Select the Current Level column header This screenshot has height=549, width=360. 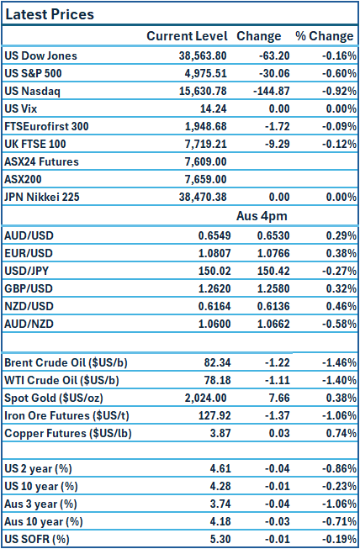(187, 36)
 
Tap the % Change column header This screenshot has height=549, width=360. (324, 36)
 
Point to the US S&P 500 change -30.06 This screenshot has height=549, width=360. (262, 73)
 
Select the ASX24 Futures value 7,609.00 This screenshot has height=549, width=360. (204, 161)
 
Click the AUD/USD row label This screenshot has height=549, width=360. (29, 235)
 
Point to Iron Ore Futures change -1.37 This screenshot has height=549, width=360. (264, 415)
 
